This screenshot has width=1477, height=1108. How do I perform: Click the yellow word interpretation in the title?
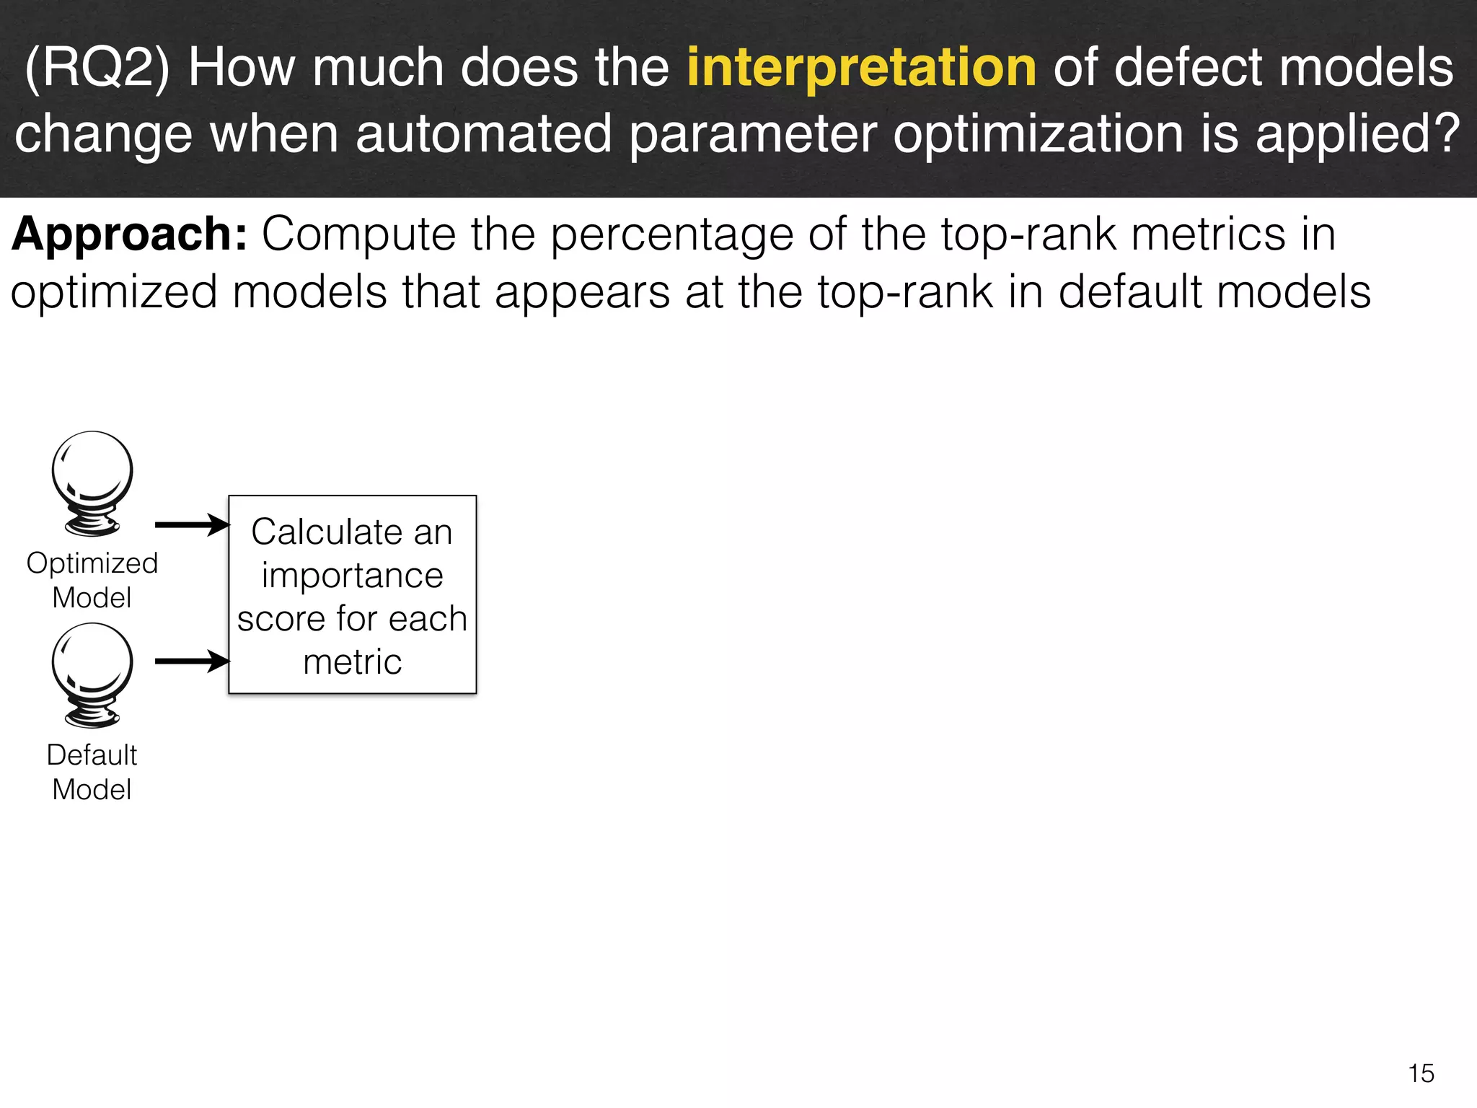tap(861, 67)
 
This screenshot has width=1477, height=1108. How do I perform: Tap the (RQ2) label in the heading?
tap(97, 67)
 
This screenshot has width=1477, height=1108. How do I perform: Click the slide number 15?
tap(1421, 1073)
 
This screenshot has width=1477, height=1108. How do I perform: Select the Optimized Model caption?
tap(92, 580)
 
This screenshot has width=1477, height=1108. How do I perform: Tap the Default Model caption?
tap(92, 772)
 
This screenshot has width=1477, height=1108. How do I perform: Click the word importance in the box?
tap(352, 576)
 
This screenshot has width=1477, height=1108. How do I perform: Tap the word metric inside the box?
tap(352, 662)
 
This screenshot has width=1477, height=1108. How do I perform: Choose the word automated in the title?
tap(483, 134)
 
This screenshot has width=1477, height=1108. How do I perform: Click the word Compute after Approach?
tap(358, 234)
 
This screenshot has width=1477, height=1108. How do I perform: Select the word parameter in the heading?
tap(753, 134)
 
